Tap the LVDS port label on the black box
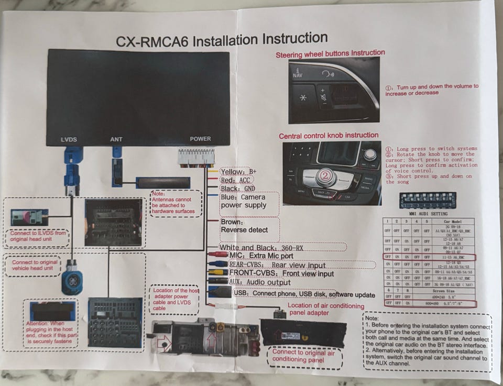(x=69, y=139)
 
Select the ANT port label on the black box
(x=116, y=139)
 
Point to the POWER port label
(x=200, y=139)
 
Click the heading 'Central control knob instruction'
(x=329, y=136)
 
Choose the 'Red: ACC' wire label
(x=236, y=180)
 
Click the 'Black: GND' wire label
(x=238, y=189)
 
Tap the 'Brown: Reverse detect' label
(x=244, y=226)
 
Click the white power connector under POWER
(x=196, y=157)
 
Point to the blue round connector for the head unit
(x=72, y=283)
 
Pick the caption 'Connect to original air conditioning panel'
(x=303, y=357)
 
